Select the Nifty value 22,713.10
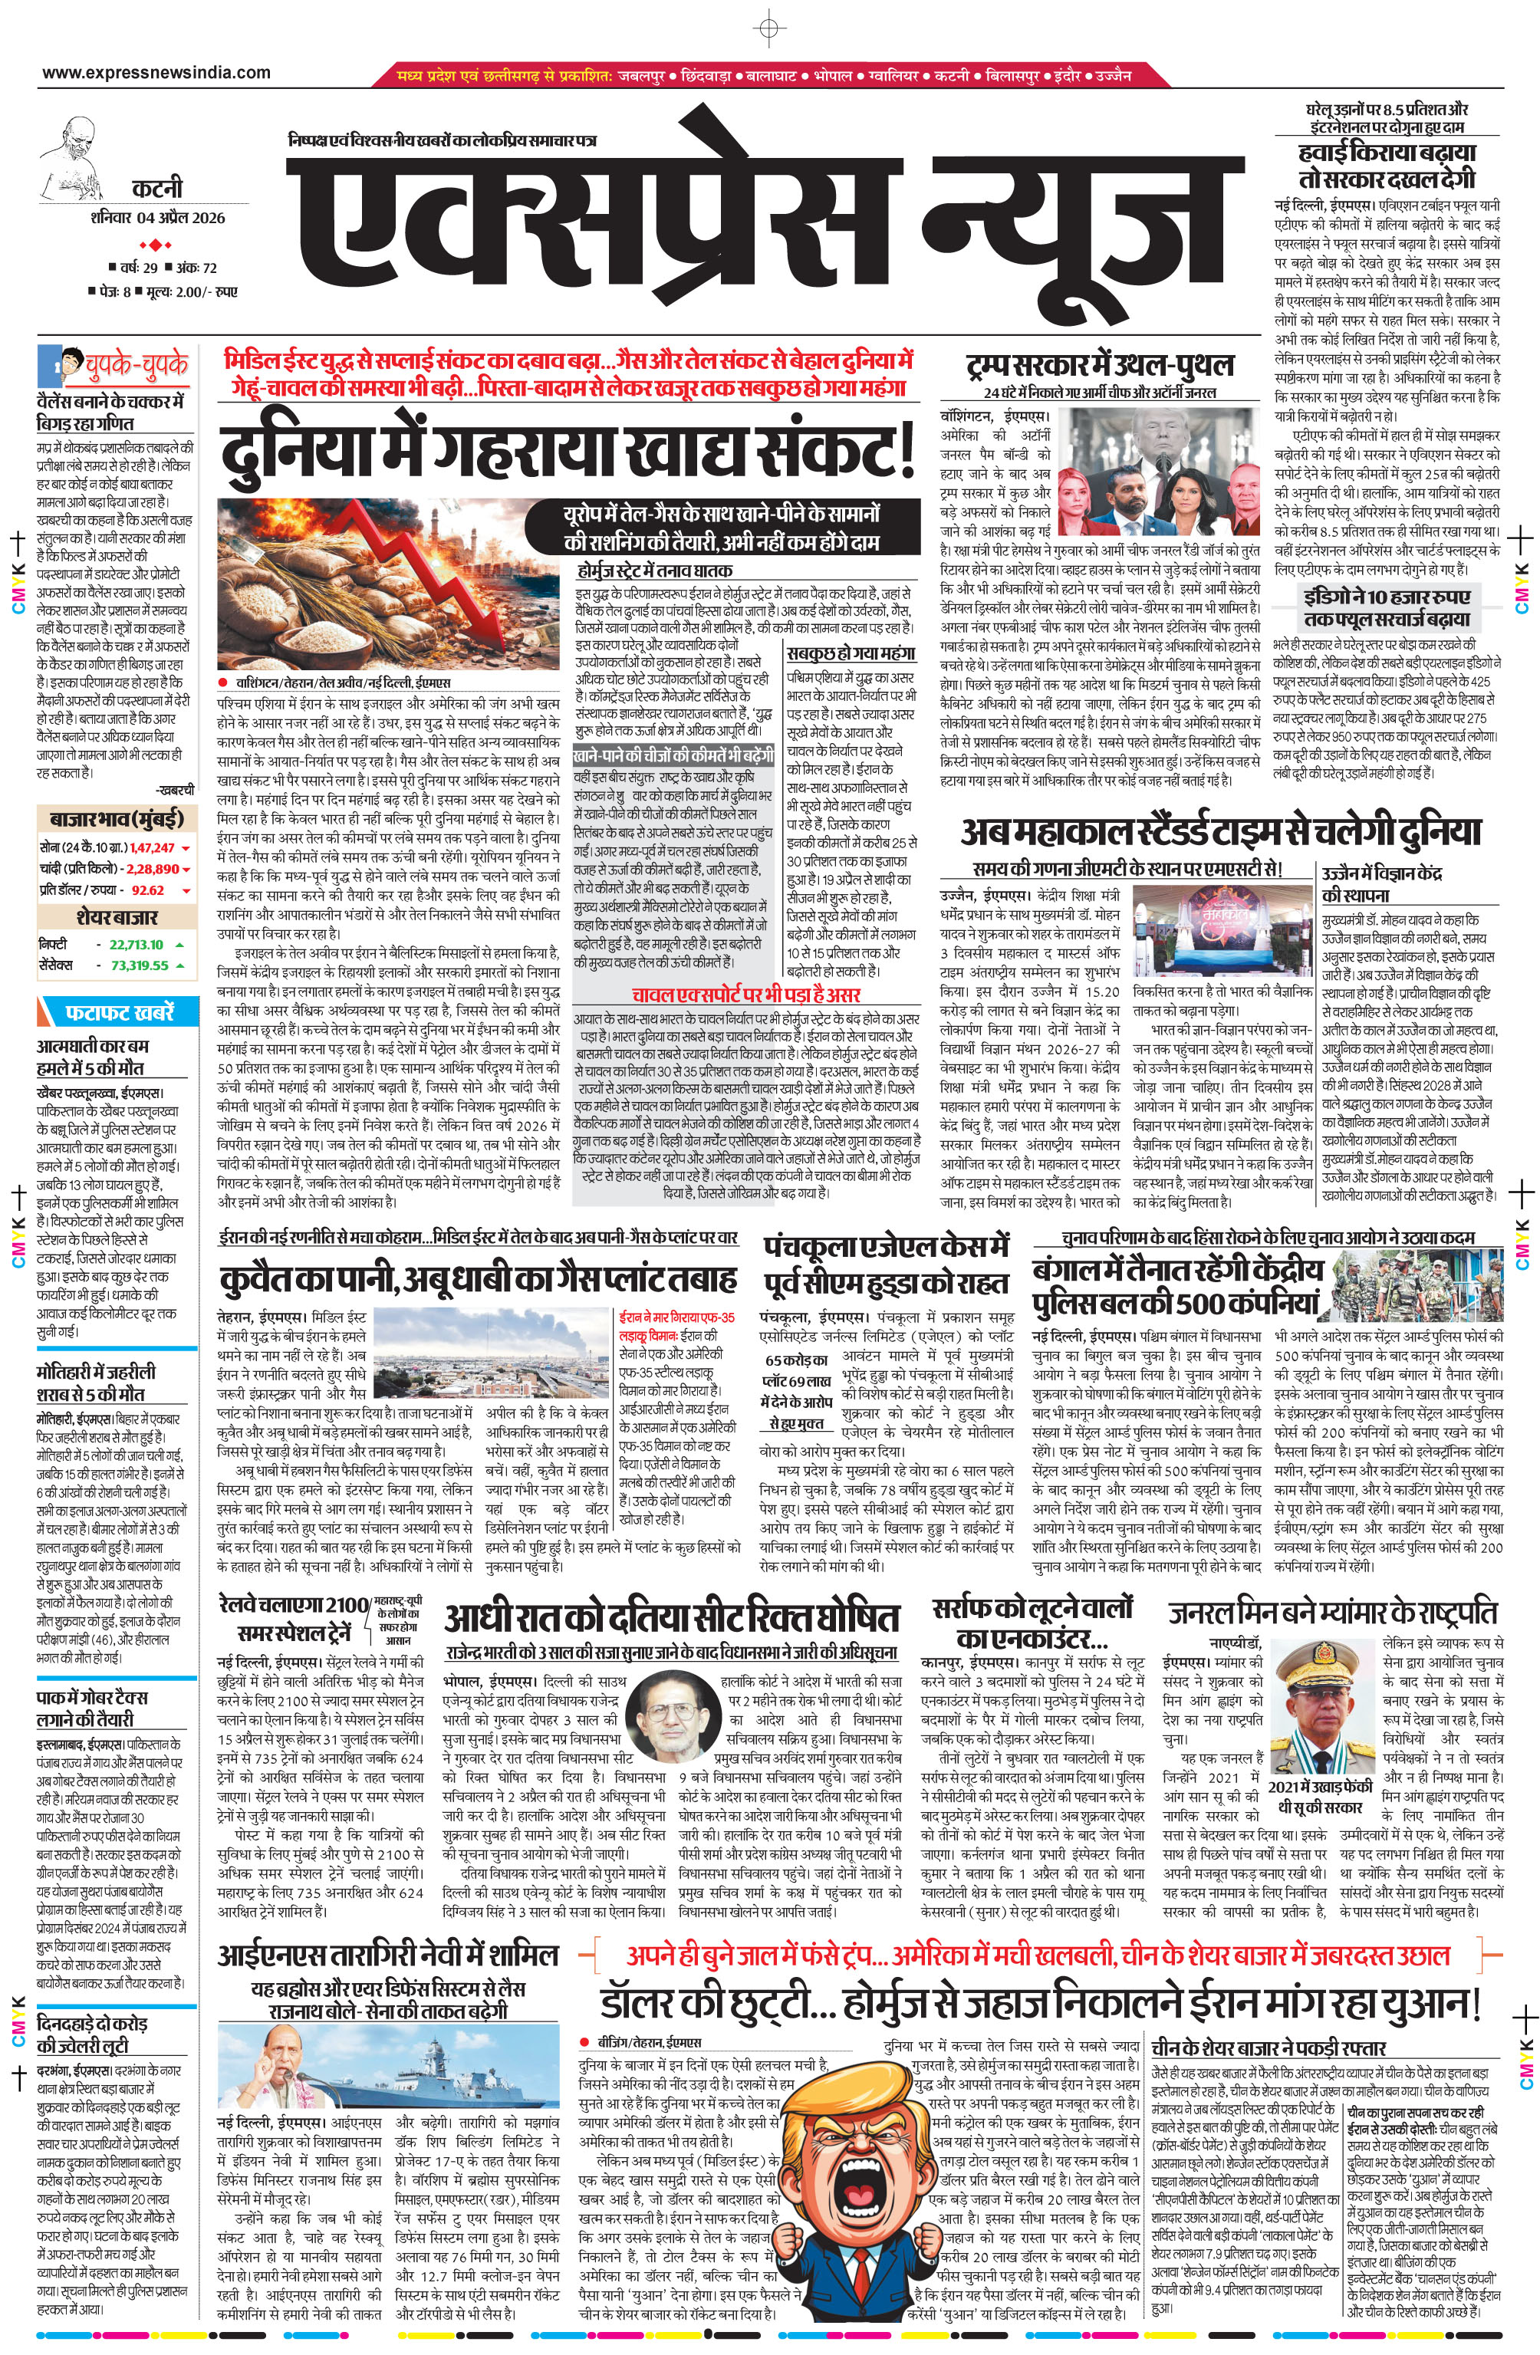click(137, 944)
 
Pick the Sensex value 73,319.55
click(140, 965)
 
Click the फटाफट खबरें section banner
click(119, 1012)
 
